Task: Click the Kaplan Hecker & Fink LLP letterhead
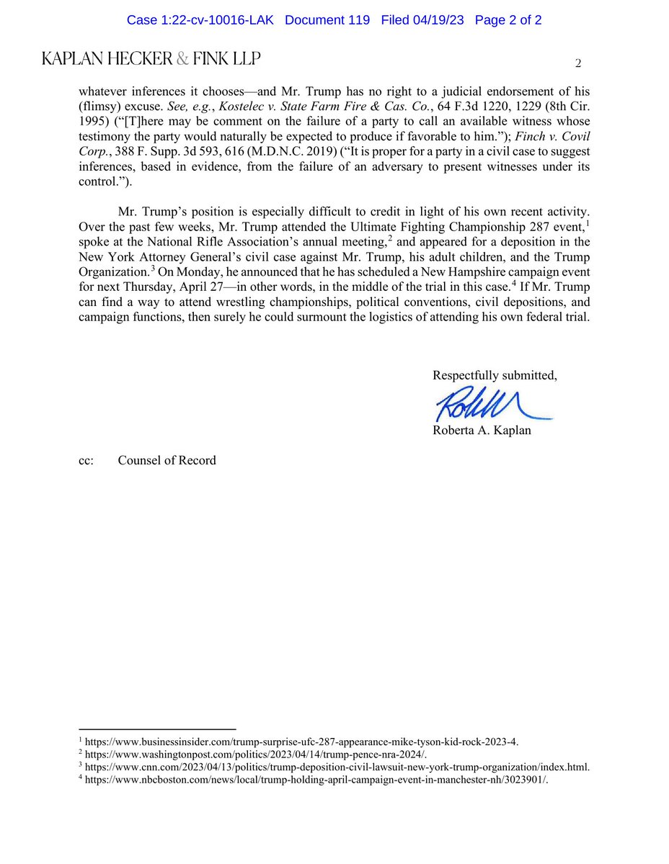click(151, 59)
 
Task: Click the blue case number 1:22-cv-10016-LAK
click(201, 20)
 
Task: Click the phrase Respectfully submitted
click(495, 375)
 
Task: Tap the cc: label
click(87, 460)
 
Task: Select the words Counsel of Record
click(167, 460)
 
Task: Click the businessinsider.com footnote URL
click(301, 741)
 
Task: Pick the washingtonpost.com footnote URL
click(256, 754)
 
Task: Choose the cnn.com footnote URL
click(337, 767)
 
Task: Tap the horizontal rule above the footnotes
click(157, 729)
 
